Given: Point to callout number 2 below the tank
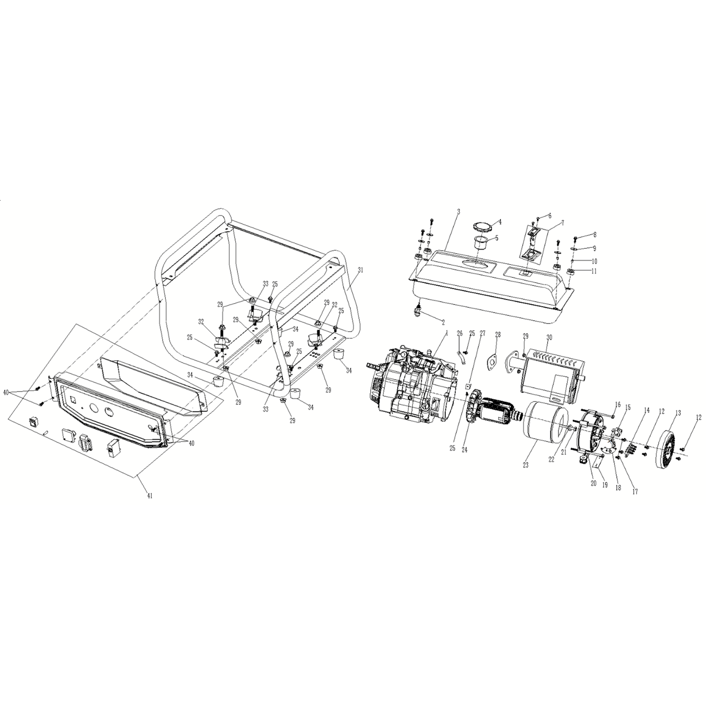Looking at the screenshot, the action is (443, 323).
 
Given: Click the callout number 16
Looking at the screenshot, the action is (618, 404).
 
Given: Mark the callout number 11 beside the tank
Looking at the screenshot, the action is (594, 271).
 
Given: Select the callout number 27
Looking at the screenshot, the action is (482, 334).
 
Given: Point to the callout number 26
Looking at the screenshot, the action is (460, 334).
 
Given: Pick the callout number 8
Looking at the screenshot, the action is (595, 235).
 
